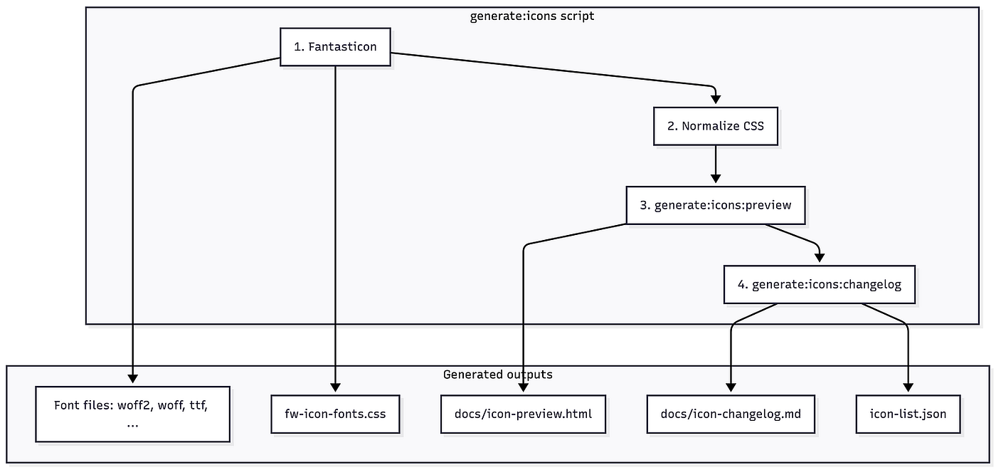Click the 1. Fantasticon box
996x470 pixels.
pyautogui.click(x=335, y=47)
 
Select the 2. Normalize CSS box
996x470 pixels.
pyautogui.click(x=716, y=126)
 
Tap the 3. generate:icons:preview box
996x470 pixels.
pyautogui.click(x=716, y=205)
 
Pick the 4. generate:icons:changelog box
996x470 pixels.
pyautogui.click(x=820, y=284)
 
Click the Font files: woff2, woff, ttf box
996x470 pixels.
pyautogui.click(x=132, y=414)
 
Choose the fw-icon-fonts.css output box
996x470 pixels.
pyautogui.click(x=335, y=414)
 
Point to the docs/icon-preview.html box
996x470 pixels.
pyautogui.click(x=523, y=414)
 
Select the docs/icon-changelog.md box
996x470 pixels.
pyautogui.click(x=731, y=414)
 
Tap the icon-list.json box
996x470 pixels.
pyautogui.click(x=908, y=414)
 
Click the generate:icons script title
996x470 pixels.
pyautogui.click(x=532, y=16)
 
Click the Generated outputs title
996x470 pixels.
pyautogui.click(x=497, y=375)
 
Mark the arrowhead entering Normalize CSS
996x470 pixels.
pyautogui.click(x=716, y=99)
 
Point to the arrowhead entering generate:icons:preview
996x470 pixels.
pyautogui.click(x=716, y=179)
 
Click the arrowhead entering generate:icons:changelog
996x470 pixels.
pyautogui.click(x=820, y=258)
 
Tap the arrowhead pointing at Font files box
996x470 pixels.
pyautogui.click(x=132, y=378)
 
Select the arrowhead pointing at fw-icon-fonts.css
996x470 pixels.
pyautogui.click(x=335, y=387)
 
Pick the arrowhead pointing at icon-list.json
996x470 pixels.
pyautogui.click(x=908, y=387)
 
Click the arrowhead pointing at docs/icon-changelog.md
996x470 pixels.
pyautogui.click(x=731, y=387)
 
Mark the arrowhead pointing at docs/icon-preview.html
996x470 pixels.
pyautogui.click(x=523, y=387)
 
